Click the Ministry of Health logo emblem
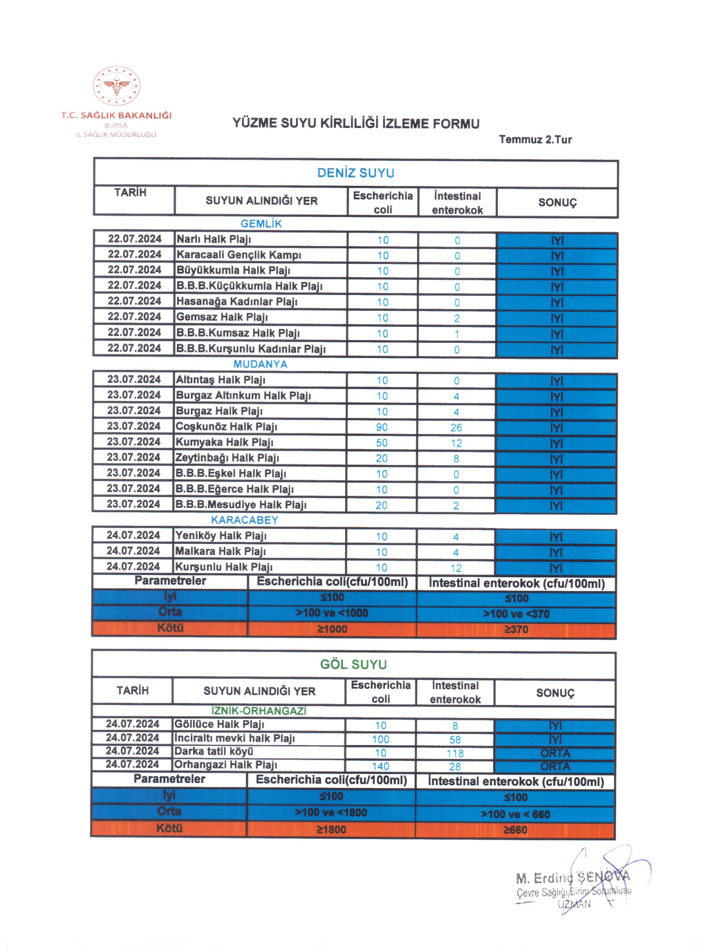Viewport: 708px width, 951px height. tap(117, 86)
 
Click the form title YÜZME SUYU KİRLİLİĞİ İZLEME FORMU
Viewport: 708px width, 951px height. tap(355, 124)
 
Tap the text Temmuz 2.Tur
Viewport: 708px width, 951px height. tap(535, 140)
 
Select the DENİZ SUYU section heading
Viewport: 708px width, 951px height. tap(355, 173)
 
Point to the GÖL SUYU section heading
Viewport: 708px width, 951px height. tap(353, 664)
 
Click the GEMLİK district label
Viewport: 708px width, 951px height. tap(261, 224)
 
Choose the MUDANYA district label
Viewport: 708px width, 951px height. tap(260, 364)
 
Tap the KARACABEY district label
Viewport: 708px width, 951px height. tap(245, 520)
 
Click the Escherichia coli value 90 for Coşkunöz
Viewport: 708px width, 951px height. tap(382, 427)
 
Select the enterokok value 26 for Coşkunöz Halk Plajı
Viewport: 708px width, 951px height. tap(456, 428)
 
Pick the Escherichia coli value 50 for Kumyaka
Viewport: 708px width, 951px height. tap(382, 443)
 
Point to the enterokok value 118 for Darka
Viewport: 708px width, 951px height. tap(455, 753)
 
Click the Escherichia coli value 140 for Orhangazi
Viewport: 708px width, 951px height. tap(380, 766)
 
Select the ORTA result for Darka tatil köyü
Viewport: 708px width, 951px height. tap(555, 753)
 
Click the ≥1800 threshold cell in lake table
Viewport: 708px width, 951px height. tap(331, 829)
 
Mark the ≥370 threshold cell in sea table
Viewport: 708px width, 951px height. tap(516, 629)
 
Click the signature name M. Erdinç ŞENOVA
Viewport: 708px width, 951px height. tap(572, 878)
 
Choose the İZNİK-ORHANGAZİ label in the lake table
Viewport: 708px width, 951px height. tap(259, 710)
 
